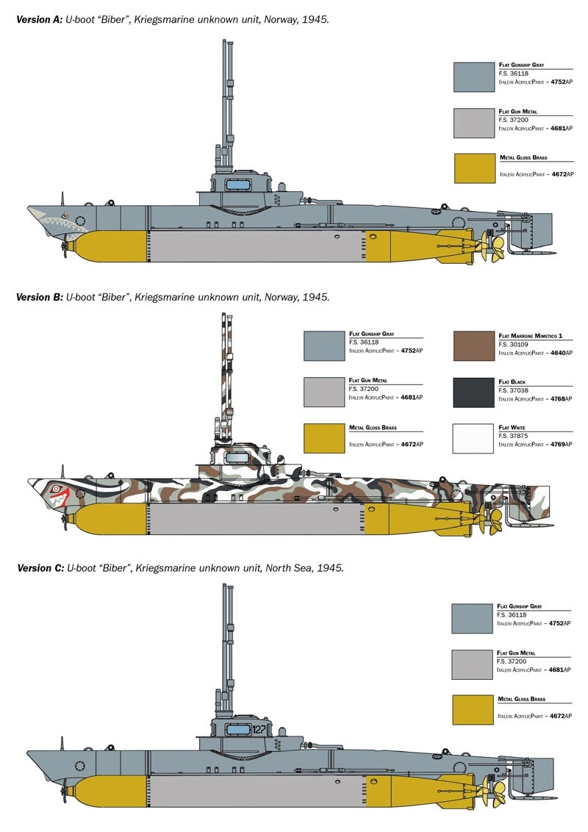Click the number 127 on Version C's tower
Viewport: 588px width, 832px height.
[x=258, y=729]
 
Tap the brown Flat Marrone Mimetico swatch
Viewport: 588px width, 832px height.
[x=474, y=345]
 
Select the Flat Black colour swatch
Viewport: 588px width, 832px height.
[x=474, y=392]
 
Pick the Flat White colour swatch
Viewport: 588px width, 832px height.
[x=474, y=439]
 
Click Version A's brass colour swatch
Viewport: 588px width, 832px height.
[x=474, y=168]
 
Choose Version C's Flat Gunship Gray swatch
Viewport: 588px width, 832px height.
[x=473, y=618]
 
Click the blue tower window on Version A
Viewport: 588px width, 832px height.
[x=237, y=182]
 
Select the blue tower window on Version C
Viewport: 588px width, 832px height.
[x=237, y=729]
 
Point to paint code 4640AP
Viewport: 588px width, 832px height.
[x=557, y=353]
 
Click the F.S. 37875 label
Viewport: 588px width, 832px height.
[x=513, y=436]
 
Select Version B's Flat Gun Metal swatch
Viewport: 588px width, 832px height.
[x=324, y=392]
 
